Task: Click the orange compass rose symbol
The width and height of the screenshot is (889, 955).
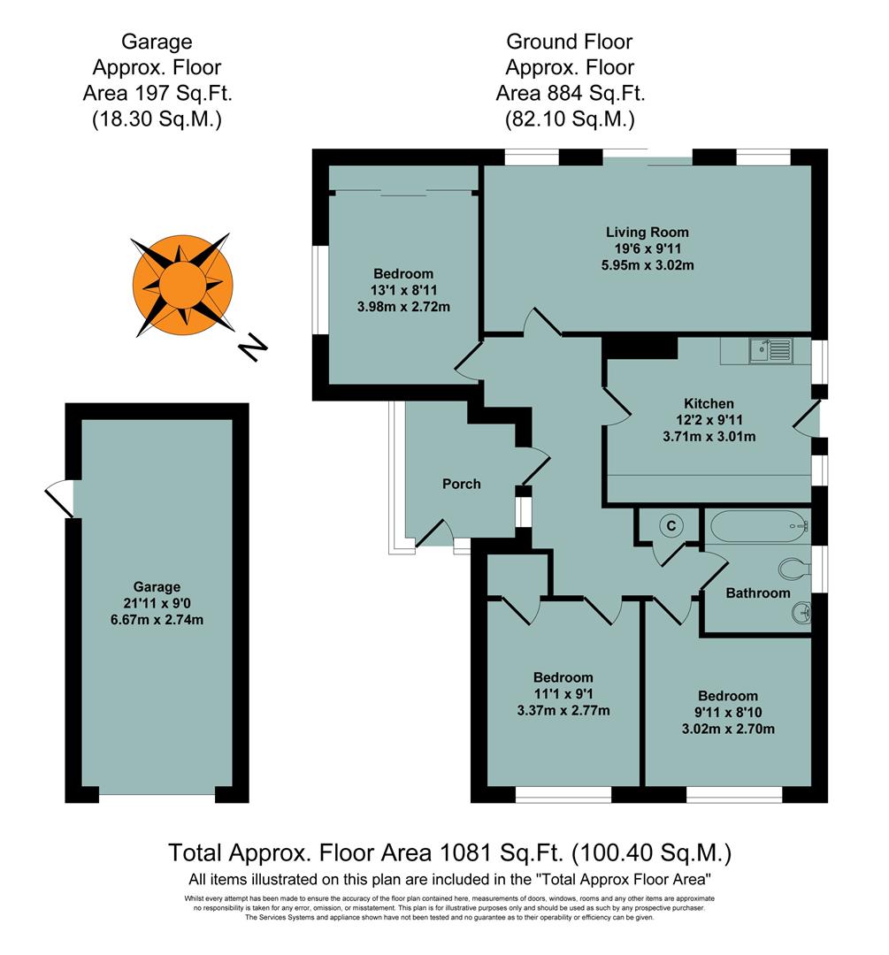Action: coord(181,285)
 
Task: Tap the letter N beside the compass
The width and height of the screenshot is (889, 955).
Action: coord(254,348)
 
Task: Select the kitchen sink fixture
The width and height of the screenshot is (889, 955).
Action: coord(769,351)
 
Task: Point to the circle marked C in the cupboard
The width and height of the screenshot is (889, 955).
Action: coord(671,525)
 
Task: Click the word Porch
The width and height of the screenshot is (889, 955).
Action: coord(462,484)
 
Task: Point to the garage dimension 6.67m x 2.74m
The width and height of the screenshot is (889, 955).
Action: coord(157,619)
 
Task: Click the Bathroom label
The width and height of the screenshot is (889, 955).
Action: coord(757,593)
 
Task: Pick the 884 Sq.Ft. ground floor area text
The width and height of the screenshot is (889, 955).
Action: coord(570,93)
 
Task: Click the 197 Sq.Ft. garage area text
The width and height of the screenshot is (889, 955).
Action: coord(157,93)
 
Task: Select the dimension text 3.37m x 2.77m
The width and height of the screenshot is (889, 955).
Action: coord(563,710)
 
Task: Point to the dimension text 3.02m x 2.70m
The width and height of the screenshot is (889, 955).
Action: coord(727,729)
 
